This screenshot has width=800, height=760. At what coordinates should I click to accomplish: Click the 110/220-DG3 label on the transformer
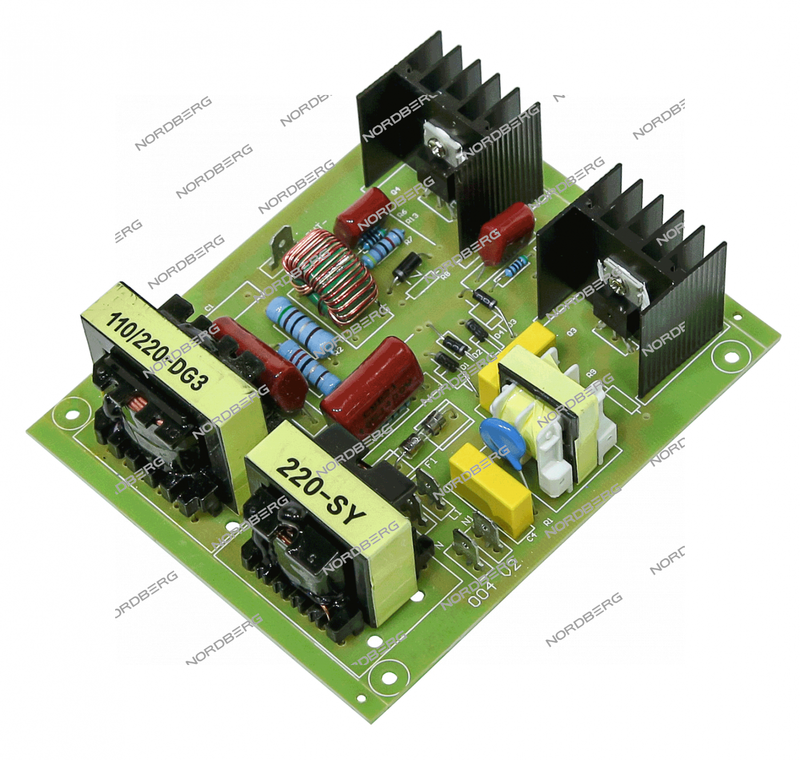pyautogui.click(x=157, y=352)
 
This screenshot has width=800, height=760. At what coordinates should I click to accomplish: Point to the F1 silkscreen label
pyautogui.click(x=431, y=460)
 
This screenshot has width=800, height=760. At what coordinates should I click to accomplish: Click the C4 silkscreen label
pyautogui.click(x=531, y=537)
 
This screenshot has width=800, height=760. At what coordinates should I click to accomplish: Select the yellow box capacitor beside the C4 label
pyautogui.click(x=491, y=488)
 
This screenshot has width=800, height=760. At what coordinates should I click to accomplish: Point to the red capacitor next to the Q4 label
pyautogui.click(x=363, y=211)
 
